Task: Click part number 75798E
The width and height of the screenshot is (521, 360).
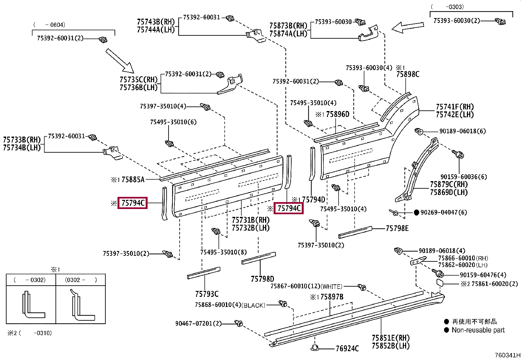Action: (397, 228)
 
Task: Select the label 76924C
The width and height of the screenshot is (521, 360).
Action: (347, 348)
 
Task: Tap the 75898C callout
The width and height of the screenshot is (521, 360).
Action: (408, 74)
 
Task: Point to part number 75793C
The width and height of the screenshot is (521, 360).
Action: (207, 294)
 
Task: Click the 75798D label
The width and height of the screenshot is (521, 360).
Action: (262, 279)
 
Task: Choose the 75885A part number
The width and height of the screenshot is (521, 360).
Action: (133, 180)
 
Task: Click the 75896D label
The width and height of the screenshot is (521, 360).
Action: (338, 114)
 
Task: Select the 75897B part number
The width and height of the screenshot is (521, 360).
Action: (332, 297)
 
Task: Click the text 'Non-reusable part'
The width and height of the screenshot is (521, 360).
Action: (478, 330)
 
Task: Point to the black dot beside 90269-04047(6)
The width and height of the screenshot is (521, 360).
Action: (417, 212)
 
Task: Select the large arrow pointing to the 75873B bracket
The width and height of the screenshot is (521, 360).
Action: (407, 28)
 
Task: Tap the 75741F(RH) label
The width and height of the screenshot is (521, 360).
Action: (455, 107)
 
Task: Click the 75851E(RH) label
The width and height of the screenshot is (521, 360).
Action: (391, 338)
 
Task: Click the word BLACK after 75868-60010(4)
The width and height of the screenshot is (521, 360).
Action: (253, 305)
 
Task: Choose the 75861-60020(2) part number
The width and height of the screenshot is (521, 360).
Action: (495, 284)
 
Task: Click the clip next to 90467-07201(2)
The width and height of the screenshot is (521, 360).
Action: (239, 323)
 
